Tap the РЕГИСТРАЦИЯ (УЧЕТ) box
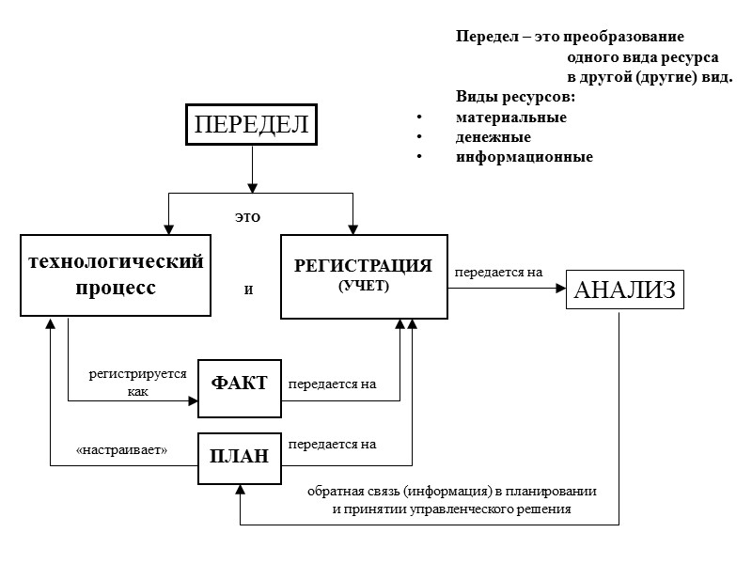click(x=363, y=274)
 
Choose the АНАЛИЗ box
click(x=624, y=290)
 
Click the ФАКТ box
click(x=240, y=384)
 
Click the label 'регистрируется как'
click(x=137, y=383)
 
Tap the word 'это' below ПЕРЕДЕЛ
click(x=247, y=217)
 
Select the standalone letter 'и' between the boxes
click(x=249, y=290)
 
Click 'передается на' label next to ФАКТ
click(x=332, y=384)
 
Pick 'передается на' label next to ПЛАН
click(x=332, y=444)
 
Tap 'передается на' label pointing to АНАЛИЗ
click(x=499, y=273)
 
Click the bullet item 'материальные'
click(x=510, y=117)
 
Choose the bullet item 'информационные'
click(x=524, y=157)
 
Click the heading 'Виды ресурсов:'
click(x=515, y=98)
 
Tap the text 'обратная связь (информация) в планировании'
click(x=452, y=492)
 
